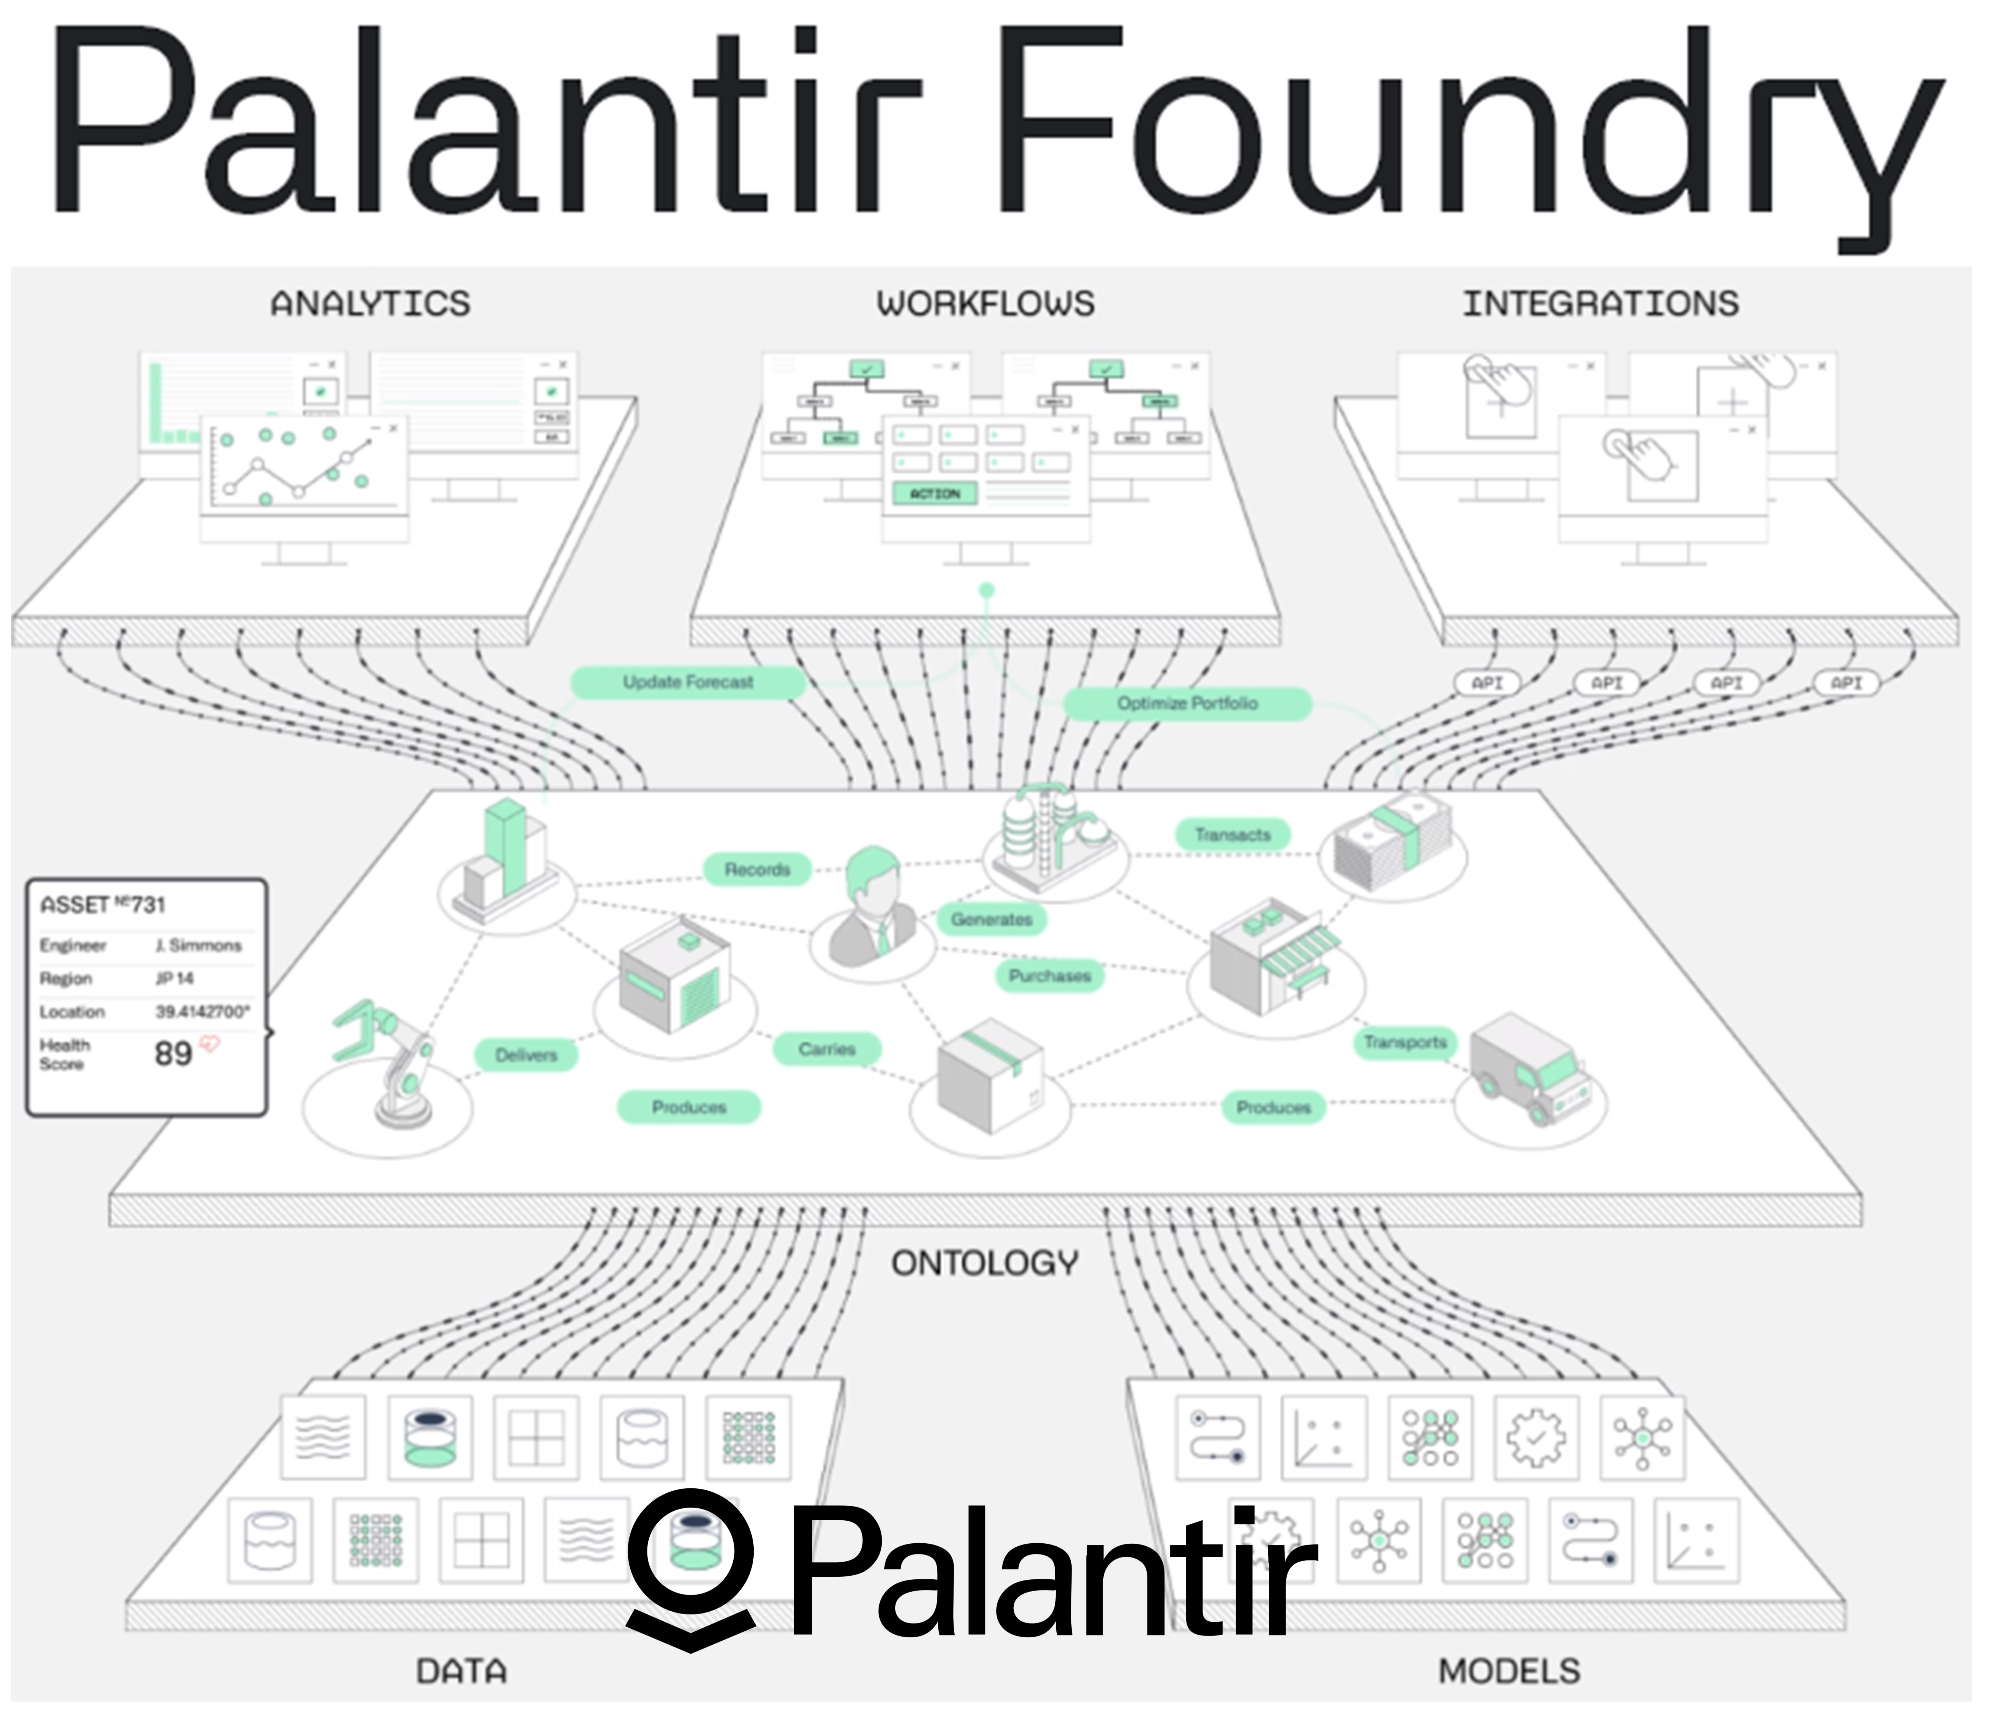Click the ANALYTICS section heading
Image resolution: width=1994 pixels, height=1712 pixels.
coord(370,304)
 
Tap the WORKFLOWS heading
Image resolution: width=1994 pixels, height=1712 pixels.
coord(985,304)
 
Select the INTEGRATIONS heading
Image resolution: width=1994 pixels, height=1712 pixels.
coord(1600,304)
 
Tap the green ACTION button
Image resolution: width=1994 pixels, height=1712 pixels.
coord(935,494)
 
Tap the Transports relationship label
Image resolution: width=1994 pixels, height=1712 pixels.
coord(1405,1042)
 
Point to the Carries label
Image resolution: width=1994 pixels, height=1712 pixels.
coord(826,1049)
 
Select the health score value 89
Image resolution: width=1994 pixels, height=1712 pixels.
coord(173,1054)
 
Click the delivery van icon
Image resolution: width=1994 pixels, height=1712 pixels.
coord(1530,1068)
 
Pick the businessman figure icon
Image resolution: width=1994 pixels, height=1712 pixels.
coord(874,905)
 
